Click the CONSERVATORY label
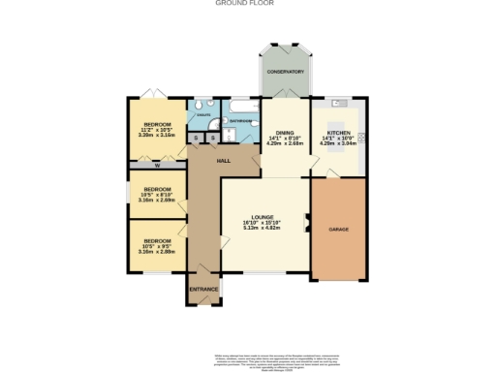(x=286, y=72)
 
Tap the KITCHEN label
(x=338, y=132)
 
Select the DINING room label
(x=285, y=132)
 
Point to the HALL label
(x=222, y=160)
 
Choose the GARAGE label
(x=338, y=229)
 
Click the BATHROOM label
(x=241, y=121)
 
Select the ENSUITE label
(x=203, y=114)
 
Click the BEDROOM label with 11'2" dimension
(x=157, y=125)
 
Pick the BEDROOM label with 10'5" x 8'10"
(x=157, y=189)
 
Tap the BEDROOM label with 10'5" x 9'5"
(x=157, y=240)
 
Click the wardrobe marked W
(x=156, y=166)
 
